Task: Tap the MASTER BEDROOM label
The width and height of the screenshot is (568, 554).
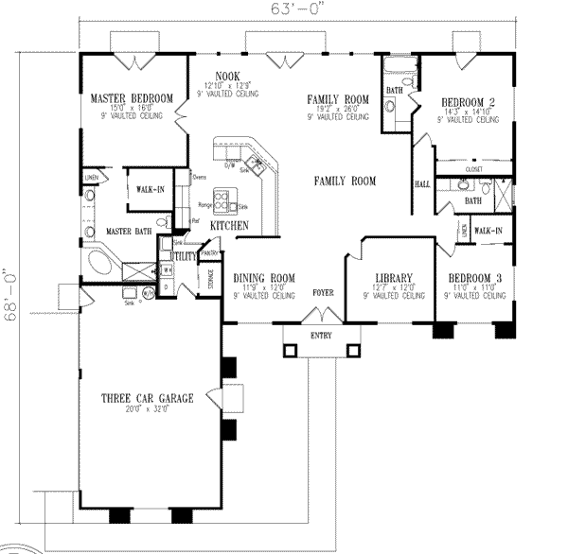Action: coord(131,98)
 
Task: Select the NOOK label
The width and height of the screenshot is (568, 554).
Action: coord(226,76)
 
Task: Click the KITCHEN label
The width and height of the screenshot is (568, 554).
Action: coord(230,226)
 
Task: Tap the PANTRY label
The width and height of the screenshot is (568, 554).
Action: coord(210,252)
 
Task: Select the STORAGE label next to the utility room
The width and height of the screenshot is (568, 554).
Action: coord(209,280)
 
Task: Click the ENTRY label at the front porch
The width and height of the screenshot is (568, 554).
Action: coord(321,337)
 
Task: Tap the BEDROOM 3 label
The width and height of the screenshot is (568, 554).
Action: coord(477,277)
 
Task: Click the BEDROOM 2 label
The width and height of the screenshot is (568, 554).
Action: coord(469,103)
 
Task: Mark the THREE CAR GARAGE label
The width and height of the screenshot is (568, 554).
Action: coord(149,399)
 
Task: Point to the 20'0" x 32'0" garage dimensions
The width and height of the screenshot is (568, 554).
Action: coord(149,409)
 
